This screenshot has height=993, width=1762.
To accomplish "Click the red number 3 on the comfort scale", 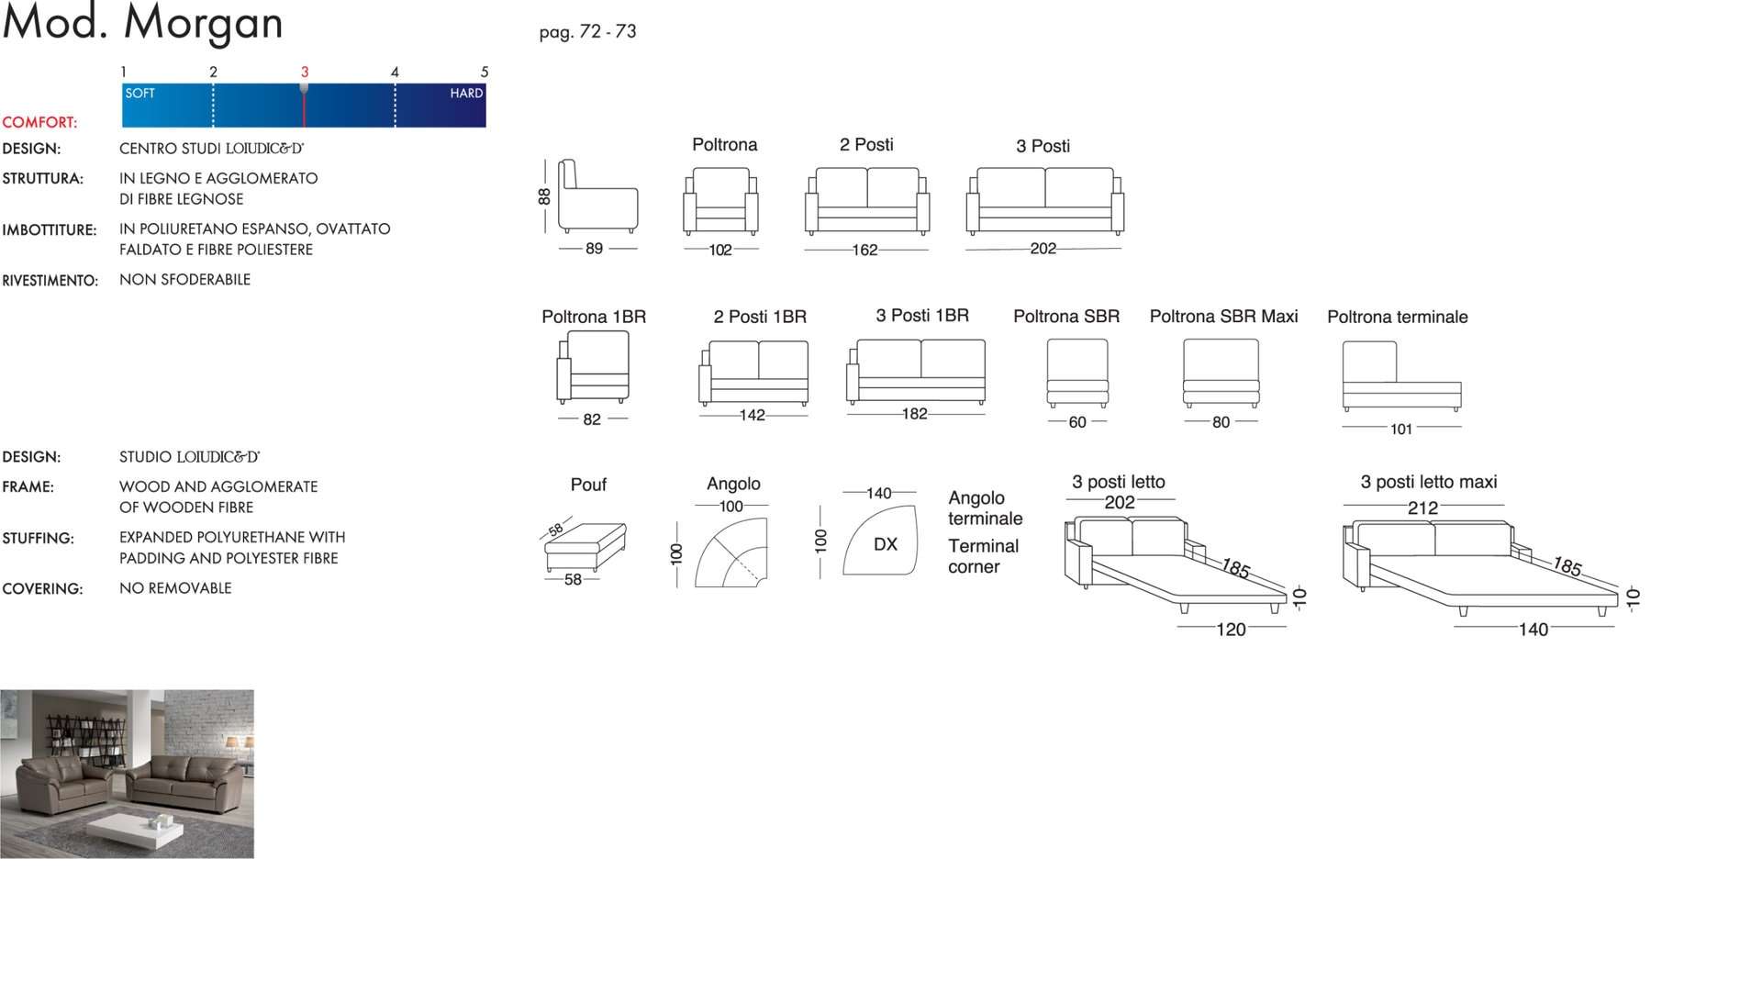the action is (x=305, y=72).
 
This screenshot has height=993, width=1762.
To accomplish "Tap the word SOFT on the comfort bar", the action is (x=140, y=94).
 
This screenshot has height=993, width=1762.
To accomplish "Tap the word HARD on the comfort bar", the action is (x=466, y=94).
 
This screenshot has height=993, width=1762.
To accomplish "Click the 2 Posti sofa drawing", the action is (x=867, y=201).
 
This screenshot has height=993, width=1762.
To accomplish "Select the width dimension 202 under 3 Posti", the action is (x=1043, y=249).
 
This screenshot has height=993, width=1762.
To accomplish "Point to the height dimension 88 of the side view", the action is (x=544, y=196).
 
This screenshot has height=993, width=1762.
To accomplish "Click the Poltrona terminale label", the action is (x=1398, y=318).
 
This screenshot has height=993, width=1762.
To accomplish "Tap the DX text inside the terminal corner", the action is (x=886, y=544).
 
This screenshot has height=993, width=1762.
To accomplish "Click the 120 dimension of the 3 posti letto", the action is (x=1232, y=630).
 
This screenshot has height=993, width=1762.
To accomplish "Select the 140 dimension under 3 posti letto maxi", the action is (x=1533, y=630).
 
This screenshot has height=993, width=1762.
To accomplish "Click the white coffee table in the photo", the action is (x=135, y=828).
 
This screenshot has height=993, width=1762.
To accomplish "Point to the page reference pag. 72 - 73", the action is (x=587, y=32).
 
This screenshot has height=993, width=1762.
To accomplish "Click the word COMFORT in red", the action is (x=39, y=122).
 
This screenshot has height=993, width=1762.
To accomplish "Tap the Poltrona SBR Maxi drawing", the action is (x=1221, y=373).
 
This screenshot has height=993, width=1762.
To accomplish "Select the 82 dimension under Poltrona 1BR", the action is (x=592, y=419).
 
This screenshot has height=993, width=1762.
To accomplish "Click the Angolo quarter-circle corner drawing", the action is (x=730, y=553).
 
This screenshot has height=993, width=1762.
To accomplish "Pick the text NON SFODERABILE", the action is (x=184, y=280).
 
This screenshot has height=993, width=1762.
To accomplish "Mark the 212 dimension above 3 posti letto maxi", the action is (x=1423, y=508).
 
